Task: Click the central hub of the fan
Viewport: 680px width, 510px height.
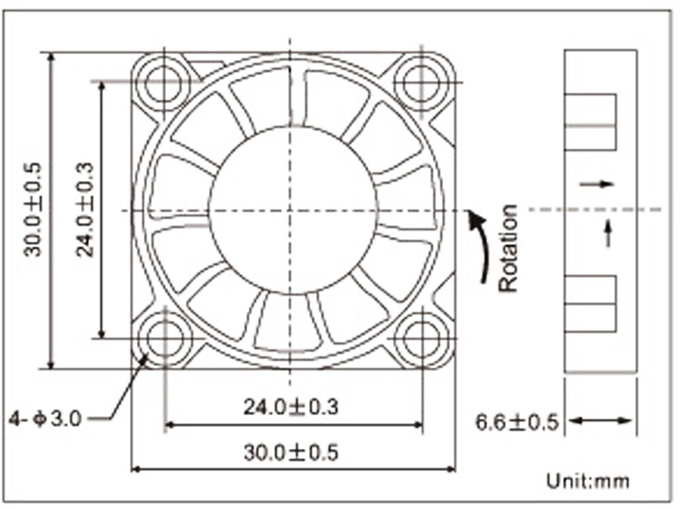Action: [x=292, y=211]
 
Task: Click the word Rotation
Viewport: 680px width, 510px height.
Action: [x=508, y=248]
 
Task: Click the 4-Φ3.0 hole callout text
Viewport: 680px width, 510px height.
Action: [x=45, y=420]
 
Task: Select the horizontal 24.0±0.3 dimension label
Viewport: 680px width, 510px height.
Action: [x=290, y=407]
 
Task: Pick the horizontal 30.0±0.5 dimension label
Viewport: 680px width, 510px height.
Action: [x=290, y=453]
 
